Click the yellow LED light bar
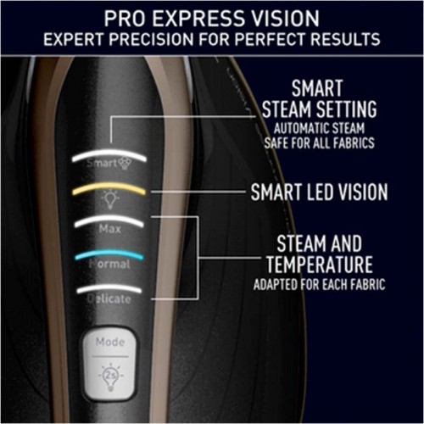click(x=109, y=187)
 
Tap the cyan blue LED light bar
click(x=109, y=254)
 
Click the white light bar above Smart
click(x=109, y=155)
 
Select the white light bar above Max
click(x=109, y=220)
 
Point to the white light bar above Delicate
click(x=109, y=288)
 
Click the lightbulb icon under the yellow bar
click(x=110, y=199)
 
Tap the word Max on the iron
click(x=110, y=229)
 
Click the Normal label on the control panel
click(x=109, y=264)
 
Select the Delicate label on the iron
click(x=109, y=298)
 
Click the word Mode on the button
click(x=110, y=343)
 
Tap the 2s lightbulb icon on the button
click(x=110, y=377)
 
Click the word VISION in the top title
click(x=286, y=19)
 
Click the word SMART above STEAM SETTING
click(x=317, y=88)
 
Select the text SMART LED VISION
click(x=319, y=192)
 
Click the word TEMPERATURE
click(x=320, y=265)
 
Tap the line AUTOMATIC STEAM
click(x=319, y=128)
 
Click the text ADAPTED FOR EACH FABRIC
click(x=320, y=285)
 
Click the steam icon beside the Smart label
click(x=125, y=164)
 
